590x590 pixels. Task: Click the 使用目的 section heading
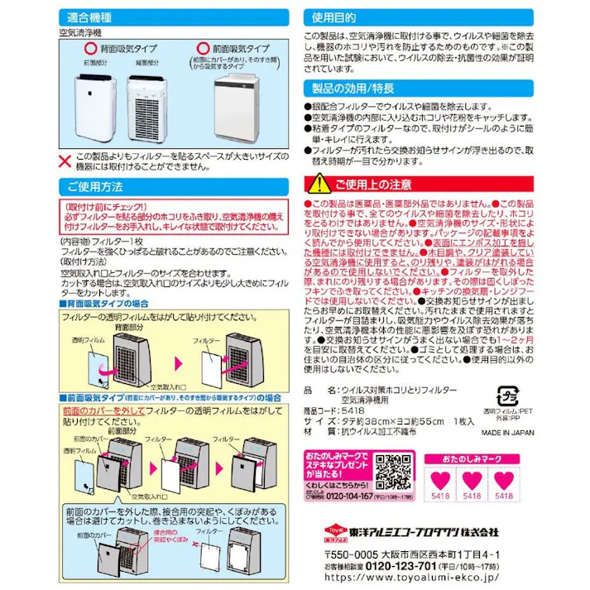334,17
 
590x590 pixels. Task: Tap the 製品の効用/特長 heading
353,88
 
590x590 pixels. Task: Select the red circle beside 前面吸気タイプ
202,49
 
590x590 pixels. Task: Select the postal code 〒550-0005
346,552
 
